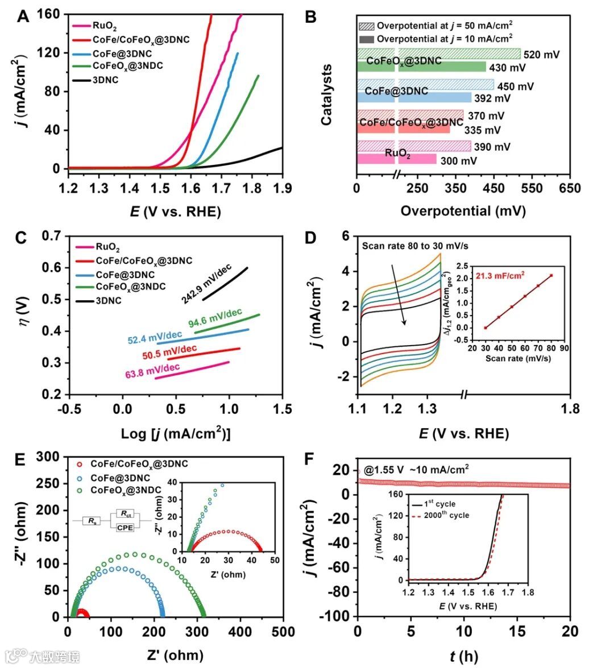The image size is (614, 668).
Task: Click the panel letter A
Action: [23, 16]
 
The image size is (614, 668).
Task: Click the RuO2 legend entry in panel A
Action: [105, 26]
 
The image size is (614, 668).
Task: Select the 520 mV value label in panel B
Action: [541, 55]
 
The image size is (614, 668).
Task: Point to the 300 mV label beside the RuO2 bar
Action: [459, 161]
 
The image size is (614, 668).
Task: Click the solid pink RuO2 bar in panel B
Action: [396, 159]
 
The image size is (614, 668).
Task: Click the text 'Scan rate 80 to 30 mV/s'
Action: [415, 246]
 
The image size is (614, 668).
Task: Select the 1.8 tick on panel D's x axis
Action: [570, 409]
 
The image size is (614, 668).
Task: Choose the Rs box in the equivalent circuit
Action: [92, 520]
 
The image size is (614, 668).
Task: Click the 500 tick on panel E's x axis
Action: [283, 632]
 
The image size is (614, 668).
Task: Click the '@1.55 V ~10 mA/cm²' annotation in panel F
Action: [417, 470]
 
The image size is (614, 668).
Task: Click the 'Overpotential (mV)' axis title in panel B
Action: [463, 211]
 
